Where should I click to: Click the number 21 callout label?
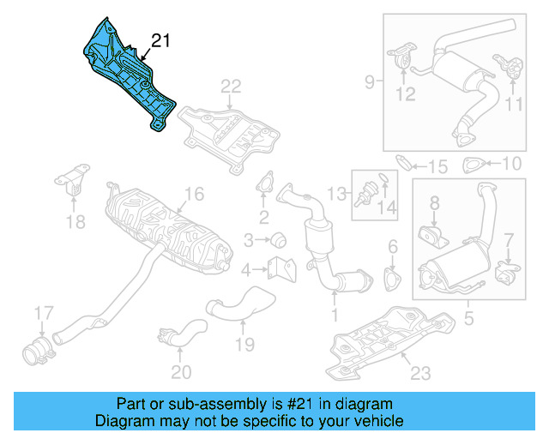(x=161, y=40)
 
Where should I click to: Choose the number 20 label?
(x=181, y=371)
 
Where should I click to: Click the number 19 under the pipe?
(x=244, y=345)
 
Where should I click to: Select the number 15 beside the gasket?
(x=437, y=165)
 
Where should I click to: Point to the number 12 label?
(x=405, y=93)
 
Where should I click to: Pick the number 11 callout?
(x=513, y=105)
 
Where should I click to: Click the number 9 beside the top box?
(x=370, y=82)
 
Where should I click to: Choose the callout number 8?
(x=434, y=203)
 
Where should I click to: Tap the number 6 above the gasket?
(x=393, y=248)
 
